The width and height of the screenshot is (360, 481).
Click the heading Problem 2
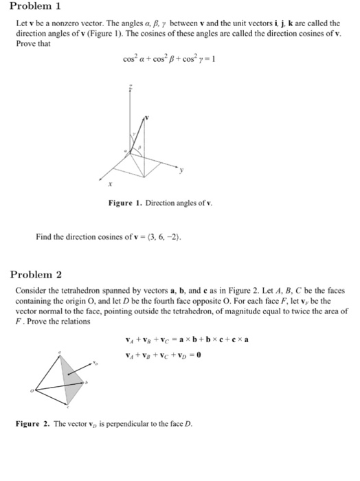(36, 274)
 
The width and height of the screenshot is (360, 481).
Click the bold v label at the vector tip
(147, 118)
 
